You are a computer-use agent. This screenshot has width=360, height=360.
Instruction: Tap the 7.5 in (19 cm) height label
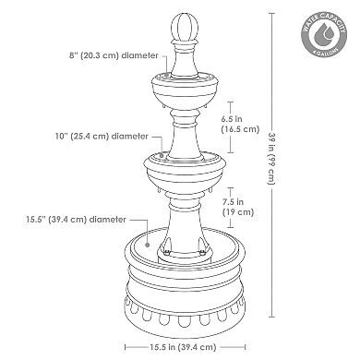(x=238, y=204)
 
